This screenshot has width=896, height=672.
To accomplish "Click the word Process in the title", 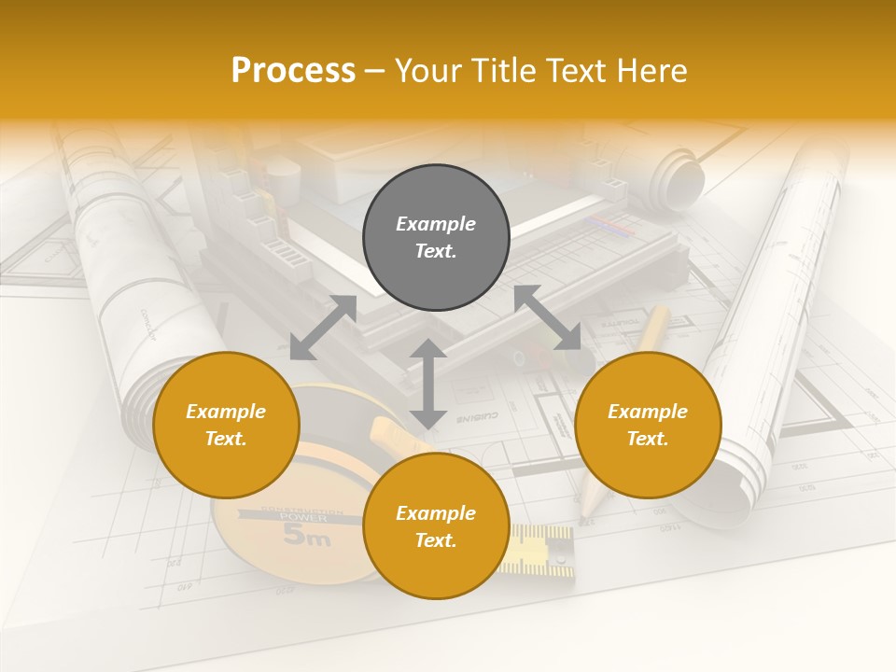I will click(293, 71).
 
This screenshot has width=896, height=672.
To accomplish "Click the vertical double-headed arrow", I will click(427, 384).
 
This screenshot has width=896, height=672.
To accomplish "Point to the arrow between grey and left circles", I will click(323, 328).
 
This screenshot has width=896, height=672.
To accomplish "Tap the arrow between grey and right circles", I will click(548, 317).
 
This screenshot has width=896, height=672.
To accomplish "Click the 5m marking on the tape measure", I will click(306, 537).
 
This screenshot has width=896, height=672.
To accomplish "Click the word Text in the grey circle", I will click(436, 251).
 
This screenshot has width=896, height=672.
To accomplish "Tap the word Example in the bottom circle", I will click(436, 513).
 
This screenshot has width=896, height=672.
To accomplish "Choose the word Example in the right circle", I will click(648, 412).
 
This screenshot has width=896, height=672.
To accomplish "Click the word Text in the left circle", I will click(226, 439).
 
